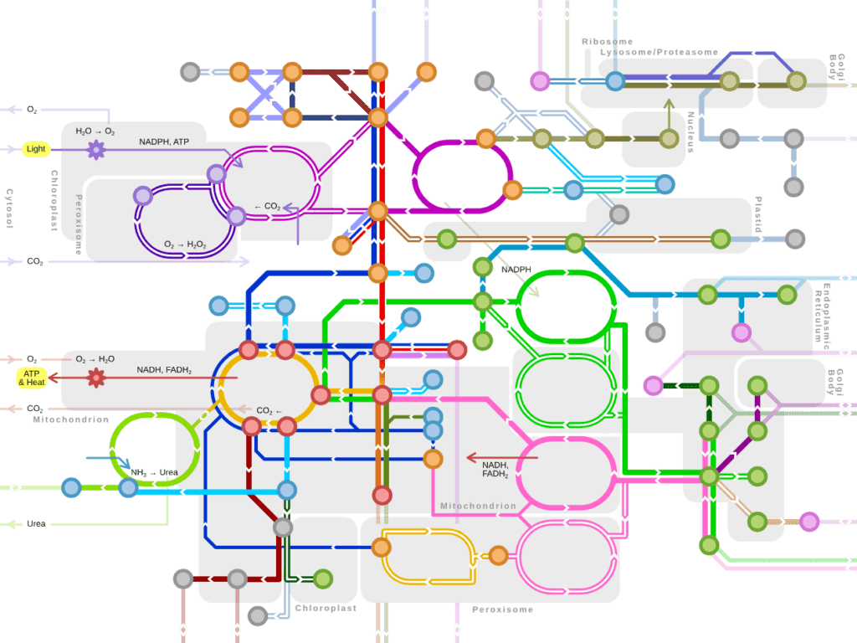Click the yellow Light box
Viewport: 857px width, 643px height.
pos(36,150)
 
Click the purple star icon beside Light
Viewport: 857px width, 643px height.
pos(96,151)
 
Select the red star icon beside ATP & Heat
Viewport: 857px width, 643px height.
pos(96,378)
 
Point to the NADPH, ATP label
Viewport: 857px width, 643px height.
pos(164,142)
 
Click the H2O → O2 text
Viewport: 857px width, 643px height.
pos(95,131)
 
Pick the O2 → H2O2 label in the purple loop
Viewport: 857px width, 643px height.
pos(186,244)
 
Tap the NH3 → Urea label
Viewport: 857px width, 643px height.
pos(155,473)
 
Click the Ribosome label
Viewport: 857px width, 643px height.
pos(607,41)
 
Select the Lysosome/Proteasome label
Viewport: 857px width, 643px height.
pos(659,52)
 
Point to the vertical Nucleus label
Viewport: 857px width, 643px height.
pos(691,132)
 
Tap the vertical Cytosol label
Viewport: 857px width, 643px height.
pos(9,208)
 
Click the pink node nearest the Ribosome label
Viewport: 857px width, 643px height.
pos(540,81)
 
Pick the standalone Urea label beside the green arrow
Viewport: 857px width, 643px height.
pos(36,524)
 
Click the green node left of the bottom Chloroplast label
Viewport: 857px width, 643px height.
pos(322,579)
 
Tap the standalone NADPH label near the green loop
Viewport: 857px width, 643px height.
pos(516,270)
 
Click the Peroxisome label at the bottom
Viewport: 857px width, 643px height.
pos(502,610)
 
